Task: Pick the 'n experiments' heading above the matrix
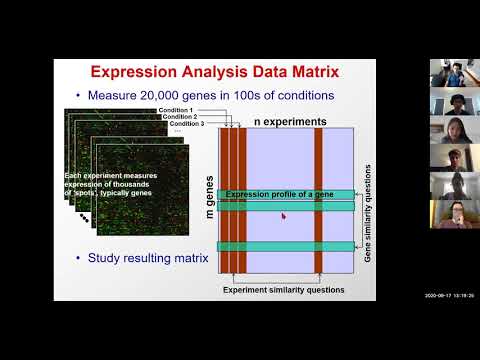(289, 121)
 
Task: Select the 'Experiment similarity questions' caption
(283, 289)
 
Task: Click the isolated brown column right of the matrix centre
(318, 199)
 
